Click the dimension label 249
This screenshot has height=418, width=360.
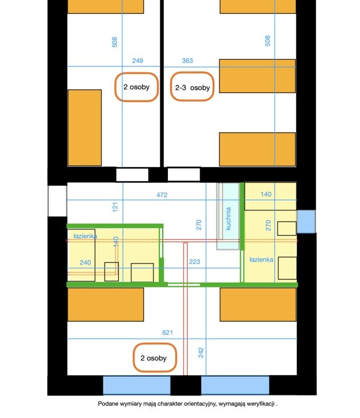[x=138, y=61]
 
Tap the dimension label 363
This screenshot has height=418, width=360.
[x=187, y=61]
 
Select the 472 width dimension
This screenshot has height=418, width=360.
[x=162, y=195]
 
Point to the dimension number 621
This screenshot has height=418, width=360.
[x=167, y=333]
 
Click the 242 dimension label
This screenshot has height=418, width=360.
[x=201, y=352]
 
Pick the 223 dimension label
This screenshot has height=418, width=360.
[x=194, y=262]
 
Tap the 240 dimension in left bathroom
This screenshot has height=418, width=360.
[x=85, y=262]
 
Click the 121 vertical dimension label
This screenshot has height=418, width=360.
[x=115, y=207]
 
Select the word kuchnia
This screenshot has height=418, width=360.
[x=228, y=219]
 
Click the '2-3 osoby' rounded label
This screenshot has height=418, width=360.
[x=192, y=87]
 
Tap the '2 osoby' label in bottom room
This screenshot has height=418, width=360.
[x=155, y=358]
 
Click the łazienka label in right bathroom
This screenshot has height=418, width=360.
[x=262, y=260]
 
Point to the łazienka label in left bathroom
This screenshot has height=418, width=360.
[x=85, y=236]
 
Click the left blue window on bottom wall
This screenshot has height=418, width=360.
[x=137, y=385]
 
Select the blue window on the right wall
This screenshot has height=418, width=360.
[x=306, y=222]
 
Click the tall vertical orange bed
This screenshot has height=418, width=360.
[x=85, y=128]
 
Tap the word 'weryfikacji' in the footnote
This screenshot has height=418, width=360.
[x=260, y=404]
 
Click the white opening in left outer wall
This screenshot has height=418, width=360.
[x=57, y=201]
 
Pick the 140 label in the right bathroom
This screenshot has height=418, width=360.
[x=266, y=194]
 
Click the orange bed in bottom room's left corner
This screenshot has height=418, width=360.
[x=105, y=304]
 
